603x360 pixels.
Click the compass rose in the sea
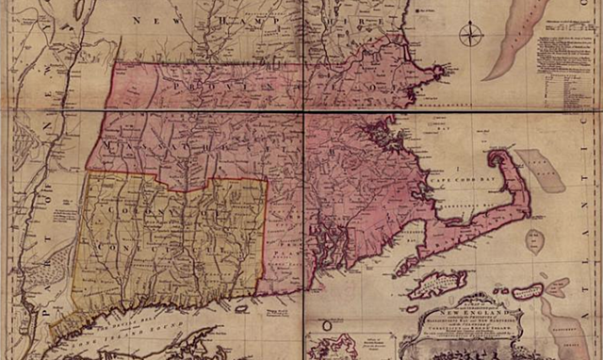[471, 37]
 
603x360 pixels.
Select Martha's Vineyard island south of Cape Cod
[435, 282]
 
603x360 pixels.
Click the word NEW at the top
[152, 20]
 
